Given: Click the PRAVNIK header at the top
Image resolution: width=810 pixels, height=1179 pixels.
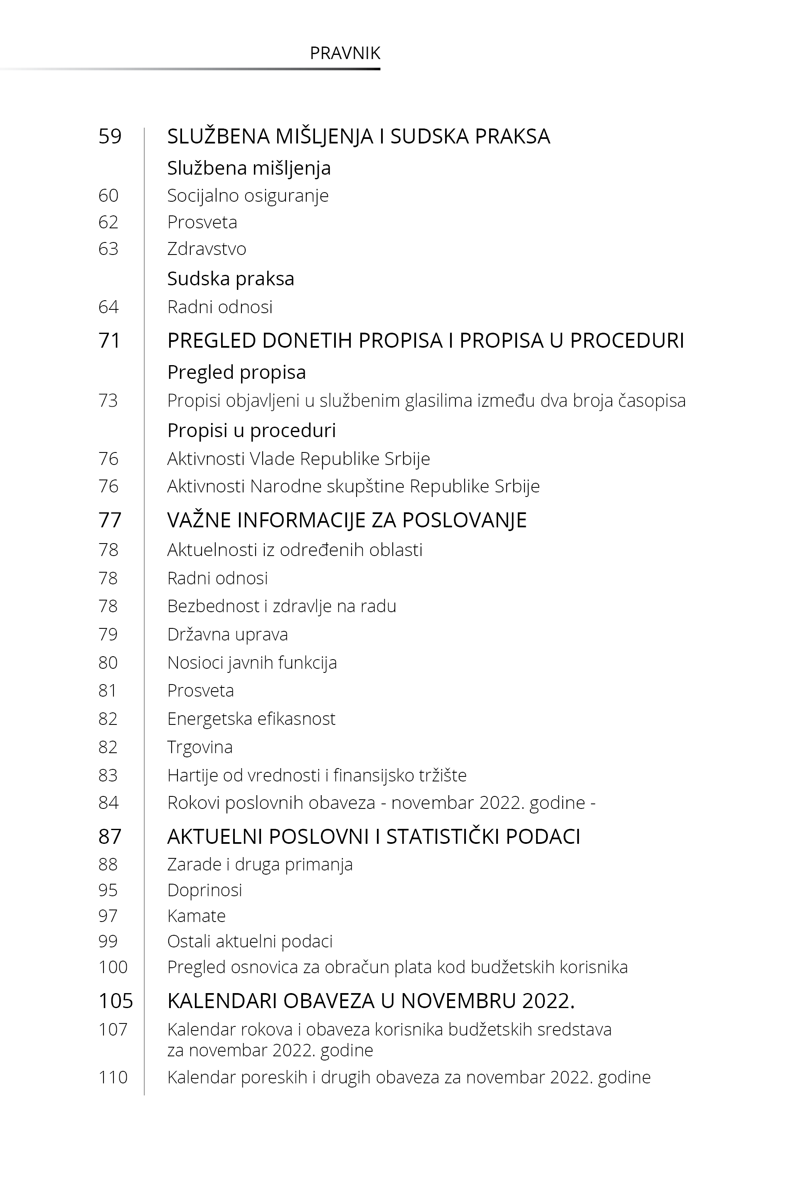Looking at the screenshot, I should click(345, 53).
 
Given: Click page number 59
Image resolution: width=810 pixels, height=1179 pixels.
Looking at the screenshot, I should click(110, 136).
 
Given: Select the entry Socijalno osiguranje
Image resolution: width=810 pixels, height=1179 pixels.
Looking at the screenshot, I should click(248, 195).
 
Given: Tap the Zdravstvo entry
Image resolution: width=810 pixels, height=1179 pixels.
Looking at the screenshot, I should click(207, 249).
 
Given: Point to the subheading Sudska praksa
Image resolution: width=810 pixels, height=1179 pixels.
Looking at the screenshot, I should click(230, 279).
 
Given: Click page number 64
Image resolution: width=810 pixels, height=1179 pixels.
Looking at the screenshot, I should click(108, 307).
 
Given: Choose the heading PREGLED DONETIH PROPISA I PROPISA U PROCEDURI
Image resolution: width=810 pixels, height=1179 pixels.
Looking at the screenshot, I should click(425, 341).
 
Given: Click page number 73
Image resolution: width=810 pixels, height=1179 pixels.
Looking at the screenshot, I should click(108, 400).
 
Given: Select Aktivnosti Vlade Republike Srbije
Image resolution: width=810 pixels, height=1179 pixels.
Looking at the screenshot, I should click(298, 459).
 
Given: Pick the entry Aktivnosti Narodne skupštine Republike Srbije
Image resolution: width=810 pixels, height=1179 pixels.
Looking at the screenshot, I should click(353, 487).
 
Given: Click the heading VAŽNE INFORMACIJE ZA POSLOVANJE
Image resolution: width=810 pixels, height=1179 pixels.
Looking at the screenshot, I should click(347, 520).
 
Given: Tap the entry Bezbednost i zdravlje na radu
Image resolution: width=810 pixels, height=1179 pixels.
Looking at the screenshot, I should click(282, 606).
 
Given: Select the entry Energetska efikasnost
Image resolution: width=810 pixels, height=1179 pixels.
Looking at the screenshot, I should click(251, 719).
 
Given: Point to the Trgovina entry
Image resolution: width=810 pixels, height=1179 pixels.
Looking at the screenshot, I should click(200, 747).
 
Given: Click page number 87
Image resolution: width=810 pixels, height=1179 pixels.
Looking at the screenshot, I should click(110, 837).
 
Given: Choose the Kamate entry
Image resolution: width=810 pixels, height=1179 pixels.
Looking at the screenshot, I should click(197, 916).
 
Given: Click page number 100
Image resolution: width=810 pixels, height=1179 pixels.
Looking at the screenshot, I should click(113, 967).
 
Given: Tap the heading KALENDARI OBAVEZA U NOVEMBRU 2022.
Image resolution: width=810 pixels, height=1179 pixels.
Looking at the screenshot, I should click(370, 1001).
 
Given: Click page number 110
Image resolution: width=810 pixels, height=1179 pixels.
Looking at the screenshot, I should click(113, 1078).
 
